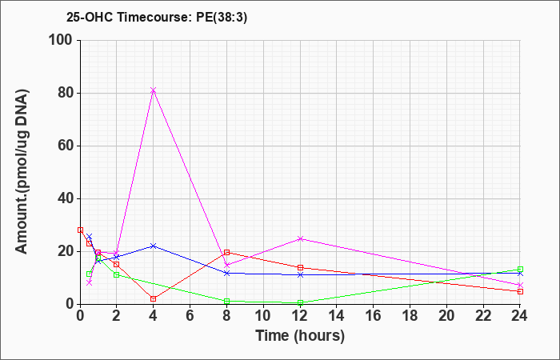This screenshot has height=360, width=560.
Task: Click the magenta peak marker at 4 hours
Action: coord(154,90)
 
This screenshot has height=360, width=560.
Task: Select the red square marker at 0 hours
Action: coord(80,230)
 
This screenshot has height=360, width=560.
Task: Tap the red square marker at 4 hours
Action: coord(154,298)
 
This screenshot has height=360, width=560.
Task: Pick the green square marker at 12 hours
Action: coord(300,303)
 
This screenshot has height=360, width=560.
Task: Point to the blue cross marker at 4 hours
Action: coord(154,246)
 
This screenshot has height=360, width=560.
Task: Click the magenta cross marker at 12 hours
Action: coord(300,238)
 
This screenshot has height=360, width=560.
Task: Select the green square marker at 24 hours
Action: coord(520,270)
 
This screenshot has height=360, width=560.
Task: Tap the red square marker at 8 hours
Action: coord(226,252)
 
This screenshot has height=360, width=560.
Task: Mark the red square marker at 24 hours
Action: coord(520,291)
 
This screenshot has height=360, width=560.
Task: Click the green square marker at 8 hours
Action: coord(226,302)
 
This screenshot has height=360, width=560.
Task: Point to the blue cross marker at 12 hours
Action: coord(300,274)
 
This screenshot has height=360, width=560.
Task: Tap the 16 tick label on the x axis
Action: coord(374,316)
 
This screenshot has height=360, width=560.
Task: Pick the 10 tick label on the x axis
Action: coord(263,316)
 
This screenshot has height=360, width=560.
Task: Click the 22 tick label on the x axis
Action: coord(483,316)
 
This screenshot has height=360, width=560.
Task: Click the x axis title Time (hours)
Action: coord(300,336)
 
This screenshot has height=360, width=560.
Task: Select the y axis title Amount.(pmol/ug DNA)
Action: coord(22,171)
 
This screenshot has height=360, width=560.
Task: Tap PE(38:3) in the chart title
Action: coord(222,18)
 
